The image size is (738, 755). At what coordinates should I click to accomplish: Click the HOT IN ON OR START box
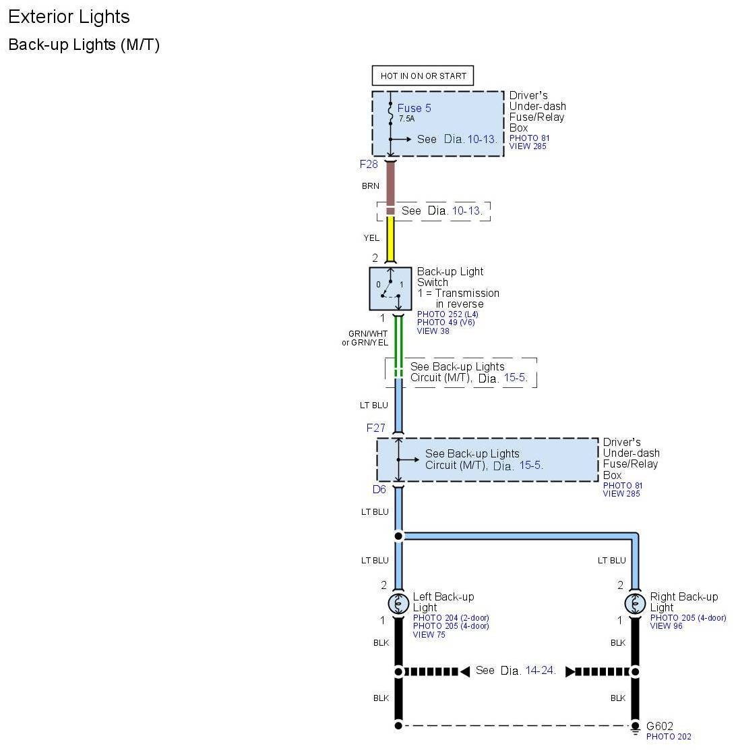423,76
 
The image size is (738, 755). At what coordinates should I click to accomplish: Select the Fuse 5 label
414,108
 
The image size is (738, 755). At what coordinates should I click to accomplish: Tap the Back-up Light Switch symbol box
390,289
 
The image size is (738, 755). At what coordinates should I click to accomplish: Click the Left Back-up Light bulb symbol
398,603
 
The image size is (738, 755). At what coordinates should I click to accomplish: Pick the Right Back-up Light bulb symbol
635,603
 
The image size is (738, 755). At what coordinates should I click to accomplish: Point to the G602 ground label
659,727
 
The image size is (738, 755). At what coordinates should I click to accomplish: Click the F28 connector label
369,164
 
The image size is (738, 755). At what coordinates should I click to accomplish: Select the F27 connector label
375,428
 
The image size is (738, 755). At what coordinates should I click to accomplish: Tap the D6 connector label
379,489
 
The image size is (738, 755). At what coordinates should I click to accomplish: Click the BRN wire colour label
371,186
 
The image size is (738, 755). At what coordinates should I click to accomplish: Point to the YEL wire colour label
371,237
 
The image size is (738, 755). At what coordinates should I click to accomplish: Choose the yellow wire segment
390,240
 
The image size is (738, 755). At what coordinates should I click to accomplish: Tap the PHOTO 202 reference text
669,737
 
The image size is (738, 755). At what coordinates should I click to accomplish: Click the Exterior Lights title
69,17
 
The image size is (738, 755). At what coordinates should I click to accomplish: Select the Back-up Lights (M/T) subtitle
84,45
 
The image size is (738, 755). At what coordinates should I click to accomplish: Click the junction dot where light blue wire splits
398,536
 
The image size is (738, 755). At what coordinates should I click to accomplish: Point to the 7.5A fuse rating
406,119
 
